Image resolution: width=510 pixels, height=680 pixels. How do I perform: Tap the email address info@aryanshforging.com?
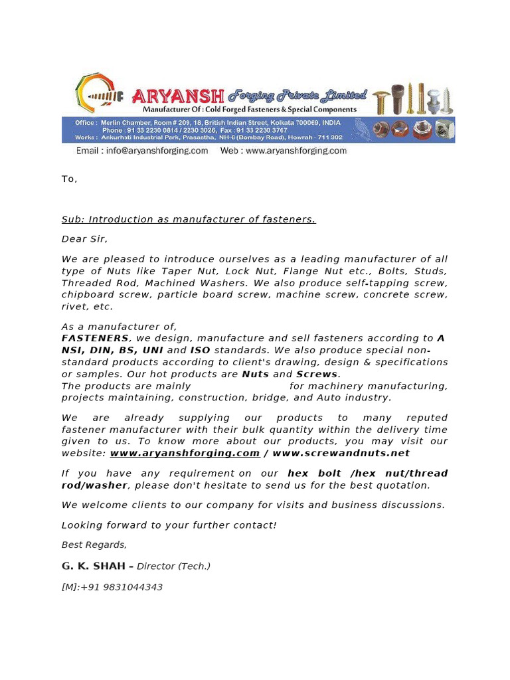142,151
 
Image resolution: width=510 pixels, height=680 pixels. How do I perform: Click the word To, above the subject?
69,179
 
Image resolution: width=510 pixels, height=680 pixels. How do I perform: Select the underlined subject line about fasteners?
189,219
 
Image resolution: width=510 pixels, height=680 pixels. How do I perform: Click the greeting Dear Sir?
84,239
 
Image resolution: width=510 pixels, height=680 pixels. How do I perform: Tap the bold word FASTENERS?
95,338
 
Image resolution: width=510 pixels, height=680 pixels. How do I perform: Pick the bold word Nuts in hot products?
256,374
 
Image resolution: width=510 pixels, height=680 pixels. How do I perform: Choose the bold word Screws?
317,374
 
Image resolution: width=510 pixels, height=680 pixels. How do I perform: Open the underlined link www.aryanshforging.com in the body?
185,453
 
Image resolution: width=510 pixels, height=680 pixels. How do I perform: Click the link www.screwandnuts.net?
341,453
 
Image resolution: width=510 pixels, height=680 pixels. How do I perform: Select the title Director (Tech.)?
173,566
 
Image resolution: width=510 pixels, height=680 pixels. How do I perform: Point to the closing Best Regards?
94,545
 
